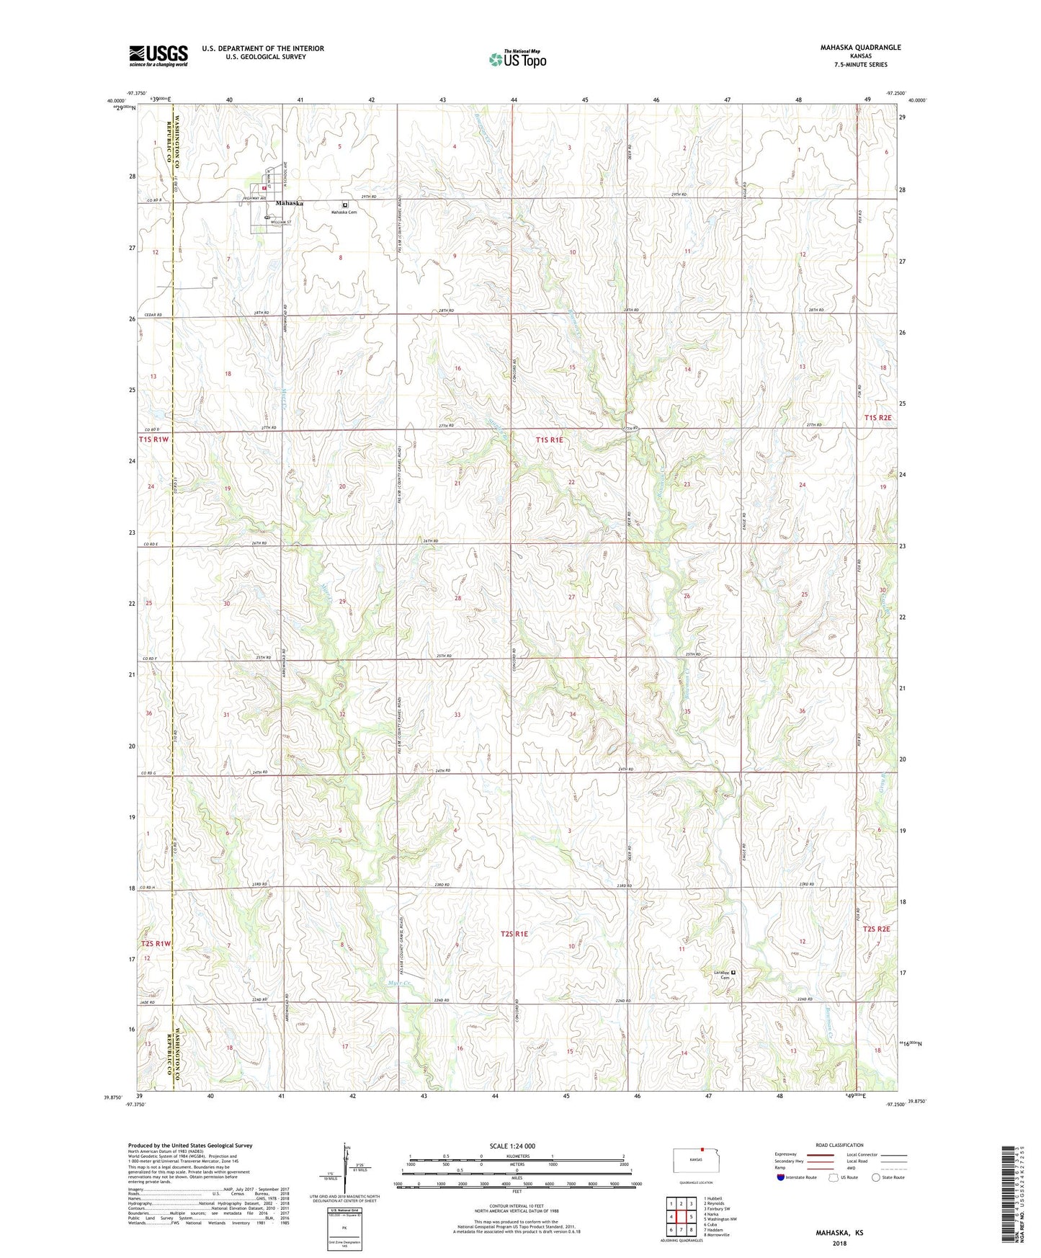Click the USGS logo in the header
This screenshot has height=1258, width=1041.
pos(158,55)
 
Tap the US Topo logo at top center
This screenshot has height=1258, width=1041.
pos(517,59)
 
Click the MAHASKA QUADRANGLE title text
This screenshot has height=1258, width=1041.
pos(860,48)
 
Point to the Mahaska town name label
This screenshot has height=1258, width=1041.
pos(289,203)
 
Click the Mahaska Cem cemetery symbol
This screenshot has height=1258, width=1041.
pos(345,205)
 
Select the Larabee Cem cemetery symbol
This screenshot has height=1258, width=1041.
pos(733,973)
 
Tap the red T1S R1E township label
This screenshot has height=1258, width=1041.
pos(552,439)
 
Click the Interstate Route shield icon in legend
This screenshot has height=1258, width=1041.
pos(782,1177)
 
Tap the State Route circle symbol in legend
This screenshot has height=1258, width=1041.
pos(876,1177)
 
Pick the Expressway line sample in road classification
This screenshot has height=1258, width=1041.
pos(820,1154)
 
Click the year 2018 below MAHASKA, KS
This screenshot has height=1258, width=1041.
pos(839,1243)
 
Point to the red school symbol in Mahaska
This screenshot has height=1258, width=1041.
pos(264,189)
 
